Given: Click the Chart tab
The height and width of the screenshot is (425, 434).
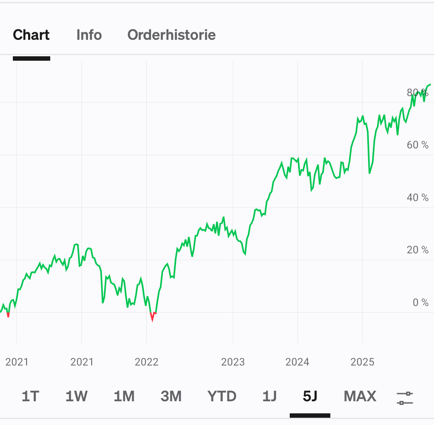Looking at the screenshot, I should click(x=31, y=35).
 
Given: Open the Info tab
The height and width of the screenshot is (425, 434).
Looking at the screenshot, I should click(x=89, y=35).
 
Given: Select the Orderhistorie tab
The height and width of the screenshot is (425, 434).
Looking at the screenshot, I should click(x=172, y=35).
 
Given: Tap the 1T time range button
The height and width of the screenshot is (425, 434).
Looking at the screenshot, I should click(x=30, y=396).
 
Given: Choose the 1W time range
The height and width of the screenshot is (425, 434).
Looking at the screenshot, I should click(x=76, y=396).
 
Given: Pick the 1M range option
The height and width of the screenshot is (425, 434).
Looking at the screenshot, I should click(x=124, y=396).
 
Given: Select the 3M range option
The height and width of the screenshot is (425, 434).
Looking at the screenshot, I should click(x=171, y=396).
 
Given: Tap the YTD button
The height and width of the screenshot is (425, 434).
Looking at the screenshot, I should click(x=222, y=396).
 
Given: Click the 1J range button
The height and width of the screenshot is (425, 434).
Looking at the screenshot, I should click(x=269, y=396).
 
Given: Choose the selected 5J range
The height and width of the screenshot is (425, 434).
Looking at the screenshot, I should click(x=310, y=396).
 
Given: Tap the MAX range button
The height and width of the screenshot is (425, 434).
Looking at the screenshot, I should click(x=360, y=396).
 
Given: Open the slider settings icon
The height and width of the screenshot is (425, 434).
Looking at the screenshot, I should click(x=405, y=398).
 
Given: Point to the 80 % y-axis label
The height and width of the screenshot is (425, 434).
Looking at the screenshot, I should click(x=418, y=93).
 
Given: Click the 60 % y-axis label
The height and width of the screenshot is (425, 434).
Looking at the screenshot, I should click(x=418, y=145).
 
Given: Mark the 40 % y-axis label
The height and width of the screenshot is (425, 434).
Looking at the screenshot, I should click(x=418, y=197).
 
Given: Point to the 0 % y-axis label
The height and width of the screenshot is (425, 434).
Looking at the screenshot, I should click(x=421, y=303).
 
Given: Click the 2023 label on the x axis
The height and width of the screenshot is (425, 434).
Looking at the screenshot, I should click(x=233, y=362).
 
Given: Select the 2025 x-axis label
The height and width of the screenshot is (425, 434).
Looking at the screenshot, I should click(x=362, y=362).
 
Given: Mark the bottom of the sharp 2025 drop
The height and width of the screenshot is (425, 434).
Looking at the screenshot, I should click(x=369, y=173).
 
